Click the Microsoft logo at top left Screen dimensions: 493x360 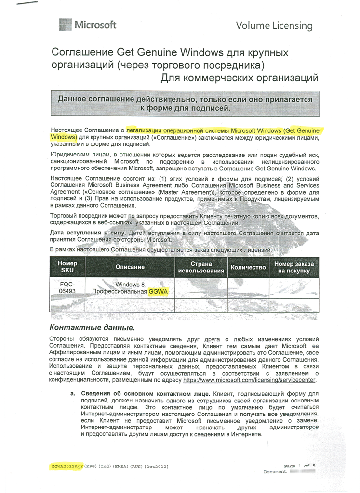87,25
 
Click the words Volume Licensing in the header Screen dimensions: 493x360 274,26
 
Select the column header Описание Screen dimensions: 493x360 130,267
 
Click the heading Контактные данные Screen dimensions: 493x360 92,327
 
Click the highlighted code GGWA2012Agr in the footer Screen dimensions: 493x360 67,467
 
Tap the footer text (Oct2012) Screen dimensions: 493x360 157,467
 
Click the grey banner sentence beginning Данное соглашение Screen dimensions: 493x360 185,104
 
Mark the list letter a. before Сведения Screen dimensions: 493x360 73,394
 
